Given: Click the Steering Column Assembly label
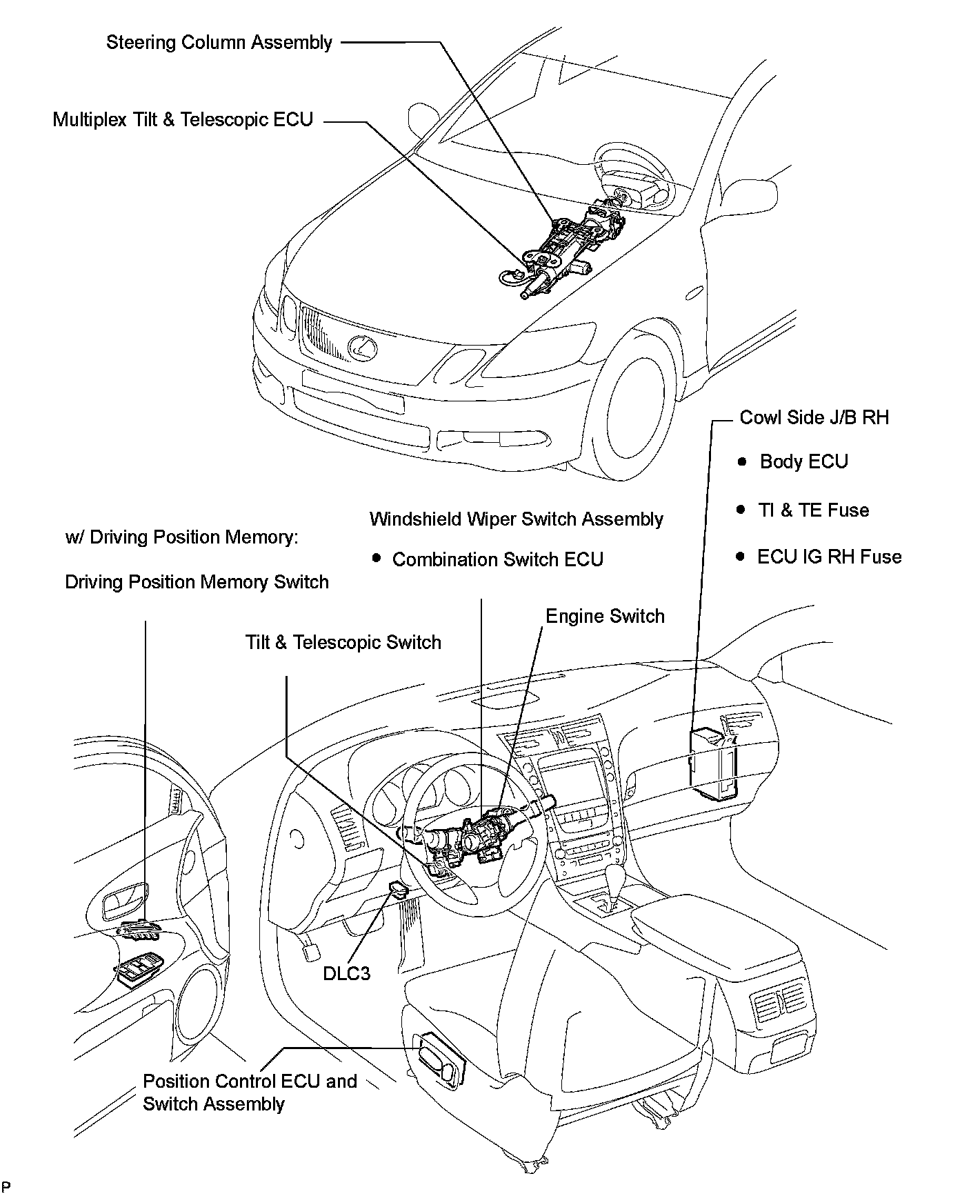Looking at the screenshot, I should tap(219, 43).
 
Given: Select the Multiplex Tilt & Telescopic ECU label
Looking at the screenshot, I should tap(183, 120).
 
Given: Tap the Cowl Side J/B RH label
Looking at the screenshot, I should tap(814, 417).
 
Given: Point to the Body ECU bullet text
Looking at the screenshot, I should tap(803, 461).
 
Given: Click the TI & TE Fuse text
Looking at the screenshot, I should tap(813, 510).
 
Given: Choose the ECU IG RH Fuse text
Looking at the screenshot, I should tap(829, 557).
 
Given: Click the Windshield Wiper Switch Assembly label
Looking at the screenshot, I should tap(516, 519).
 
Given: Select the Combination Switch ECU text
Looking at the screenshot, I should tap(497, 559).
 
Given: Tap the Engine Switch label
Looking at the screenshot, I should tap(605, 617).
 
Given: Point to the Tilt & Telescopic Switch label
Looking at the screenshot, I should tap(343, 643).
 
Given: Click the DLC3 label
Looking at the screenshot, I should tap(346, 973).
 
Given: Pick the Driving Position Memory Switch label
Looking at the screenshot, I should tap(197, 582).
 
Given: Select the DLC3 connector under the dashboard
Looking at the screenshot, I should tap(398, 888).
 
